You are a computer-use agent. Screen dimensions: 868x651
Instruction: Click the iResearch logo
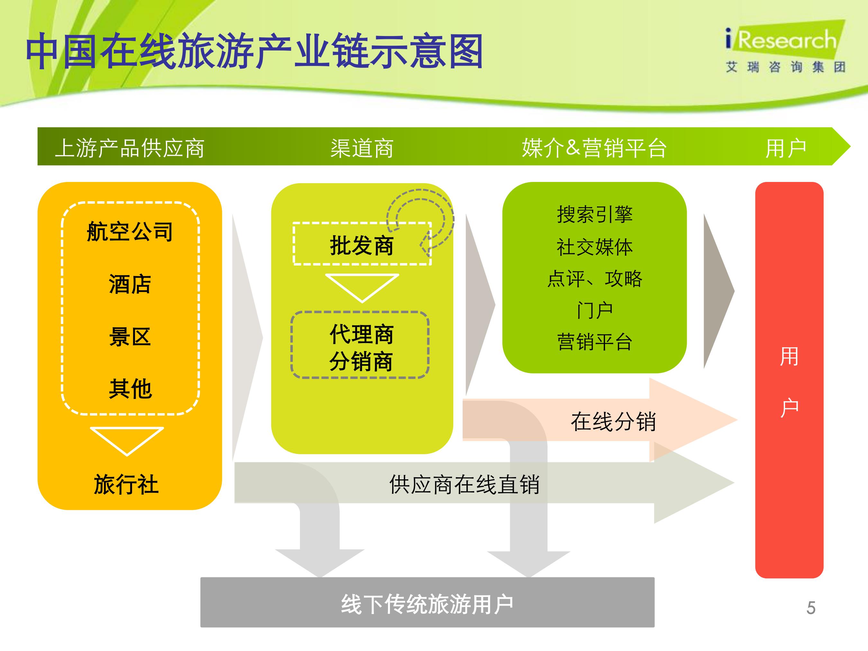pyautogui.click(x=785, y=47)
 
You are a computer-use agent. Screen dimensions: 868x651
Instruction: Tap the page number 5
pyautogui.click(x=811, y=608)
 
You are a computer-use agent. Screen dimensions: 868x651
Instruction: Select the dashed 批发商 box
pyautogui.click(x=362, y=244)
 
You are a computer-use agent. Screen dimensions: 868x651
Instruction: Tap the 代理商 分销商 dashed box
pyautogui.click(x=360, y=345)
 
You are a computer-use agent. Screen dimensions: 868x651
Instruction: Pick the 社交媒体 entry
pyautogui.click(x=594, y=247)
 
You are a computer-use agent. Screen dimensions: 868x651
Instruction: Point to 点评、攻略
pyautogui.click(x=594, y=279)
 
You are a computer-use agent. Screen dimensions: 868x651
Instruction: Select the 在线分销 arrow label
pyautogui.click(x=613, y=421)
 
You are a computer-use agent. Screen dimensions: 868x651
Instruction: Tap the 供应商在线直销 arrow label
pyautogui.click(x=464, y=484)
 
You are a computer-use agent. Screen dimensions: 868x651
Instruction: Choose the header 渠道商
pyautogui.click(x=362, y=148)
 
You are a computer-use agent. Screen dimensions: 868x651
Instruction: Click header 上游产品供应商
pyautogui.click(x=130, y=148)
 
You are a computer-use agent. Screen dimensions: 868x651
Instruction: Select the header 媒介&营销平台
pyautogui.click(x=594, y=148)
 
